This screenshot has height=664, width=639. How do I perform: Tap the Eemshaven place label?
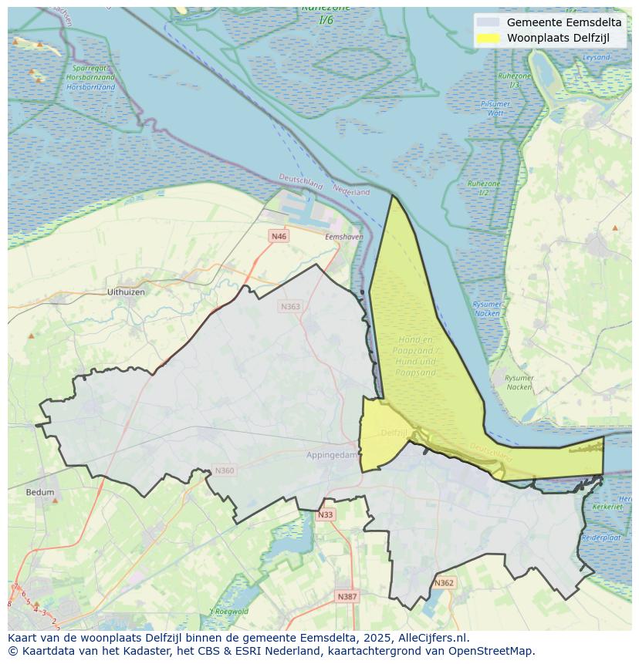tap(343, 237)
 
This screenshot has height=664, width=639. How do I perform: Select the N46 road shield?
tap(279, 236)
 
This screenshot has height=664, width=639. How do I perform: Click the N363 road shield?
tap(290, 306)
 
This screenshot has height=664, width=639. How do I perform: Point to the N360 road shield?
tap(224, 470)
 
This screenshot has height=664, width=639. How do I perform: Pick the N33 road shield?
tap(326, 514)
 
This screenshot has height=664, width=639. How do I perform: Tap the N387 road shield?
tap(347, 596)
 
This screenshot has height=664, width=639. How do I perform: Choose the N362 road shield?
tap(444, 583)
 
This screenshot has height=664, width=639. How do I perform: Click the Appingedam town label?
tap(332, 455)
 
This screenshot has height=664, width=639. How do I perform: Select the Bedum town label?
tap(40, 492)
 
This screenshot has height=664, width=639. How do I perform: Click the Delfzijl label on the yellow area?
tap(394, 433)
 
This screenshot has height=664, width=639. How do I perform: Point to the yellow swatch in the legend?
tap(488, 38)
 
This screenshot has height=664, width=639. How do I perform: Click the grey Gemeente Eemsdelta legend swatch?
tap(488, 22)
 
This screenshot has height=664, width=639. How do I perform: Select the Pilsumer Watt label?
tap(495, 108)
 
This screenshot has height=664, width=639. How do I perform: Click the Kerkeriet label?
tap(608, 507)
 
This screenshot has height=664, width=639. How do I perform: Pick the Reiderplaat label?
tap(601, 537)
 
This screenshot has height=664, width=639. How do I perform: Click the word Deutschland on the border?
tap(300, 182)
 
